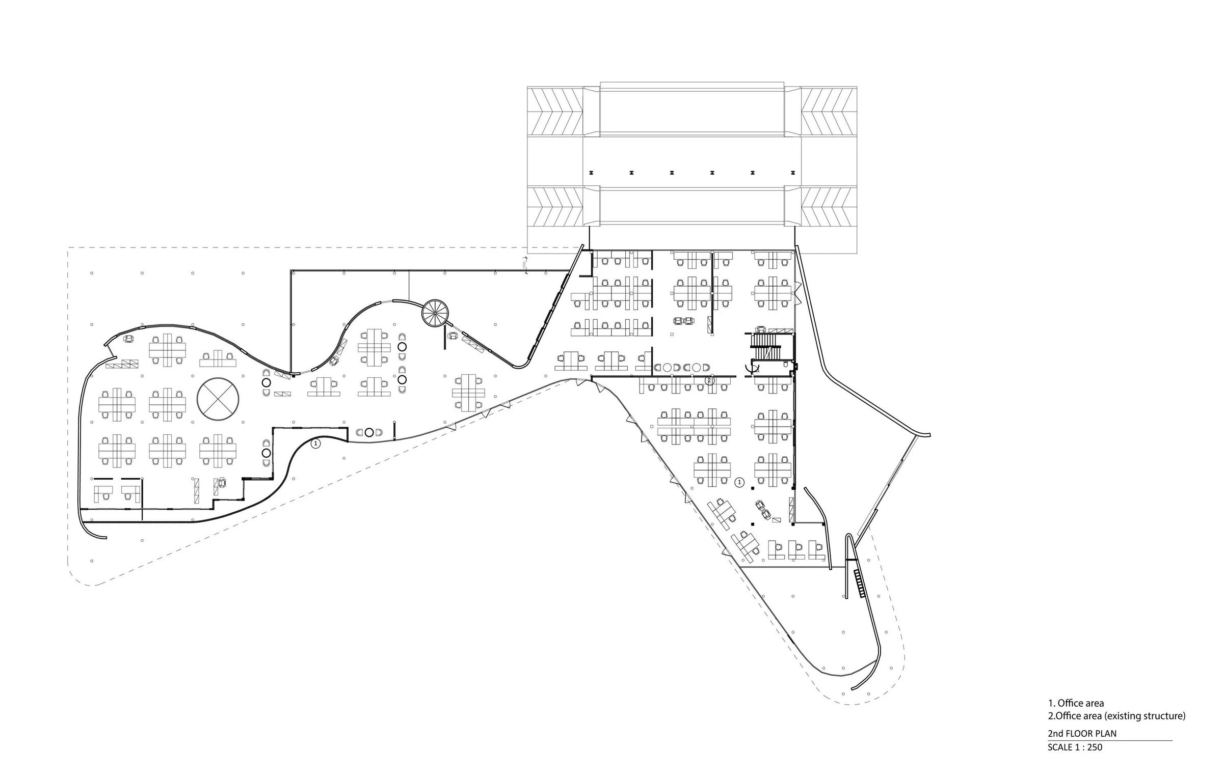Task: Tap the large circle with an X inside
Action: (x=218, y=399)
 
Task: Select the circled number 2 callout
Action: (x=709, y=380)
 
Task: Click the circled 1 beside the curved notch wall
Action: (x=315, y=443)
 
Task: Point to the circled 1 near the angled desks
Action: (x=739, y=482)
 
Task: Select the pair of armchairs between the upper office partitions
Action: (x=683, y=321)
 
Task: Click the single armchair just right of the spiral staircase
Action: (x=453, y=336)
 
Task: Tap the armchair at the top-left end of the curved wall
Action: (x=129, y=339)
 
